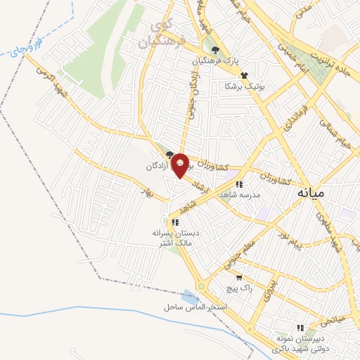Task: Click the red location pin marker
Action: (x=180, y=165)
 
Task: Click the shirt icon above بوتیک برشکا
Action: (x=244, y=75)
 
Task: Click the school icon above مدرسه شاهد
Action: (x=240, y=184)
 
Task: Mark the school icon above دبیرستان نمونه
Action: (x=300, y=328)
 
